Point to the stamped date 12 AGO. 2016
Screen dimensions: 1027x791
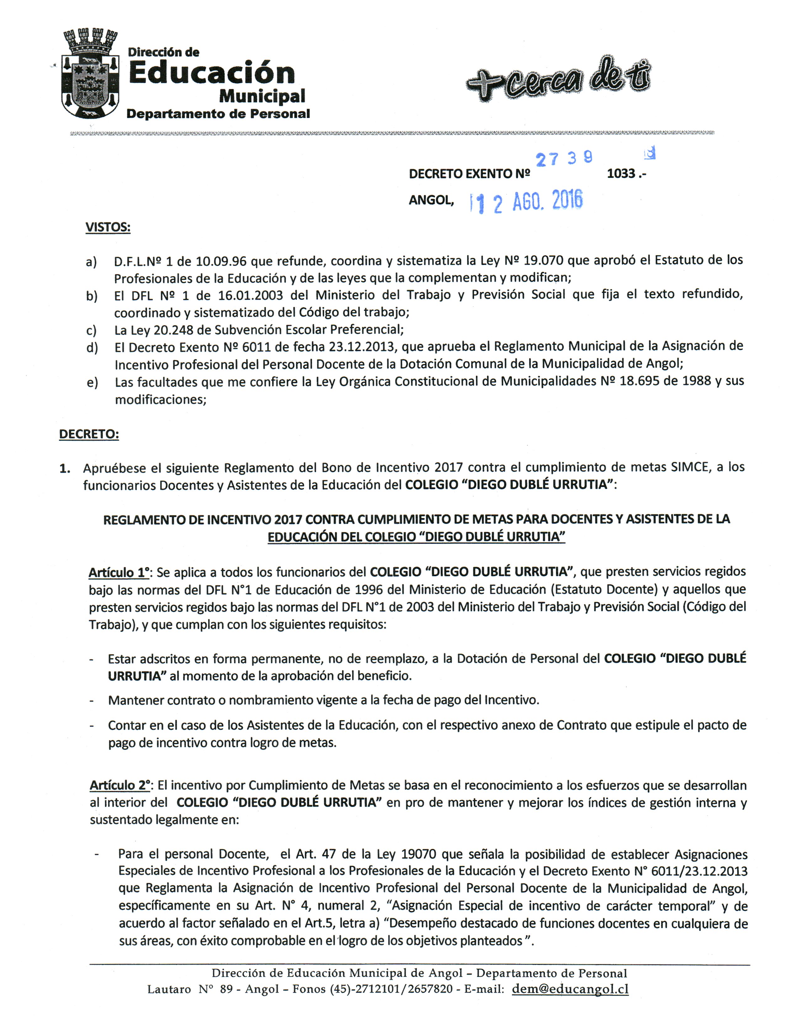527,202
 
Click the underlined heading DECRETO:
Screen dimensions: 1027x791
89,434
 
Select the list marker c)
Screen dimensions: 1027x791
91,331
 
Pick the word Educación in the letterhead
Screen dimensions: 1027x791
212,73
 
